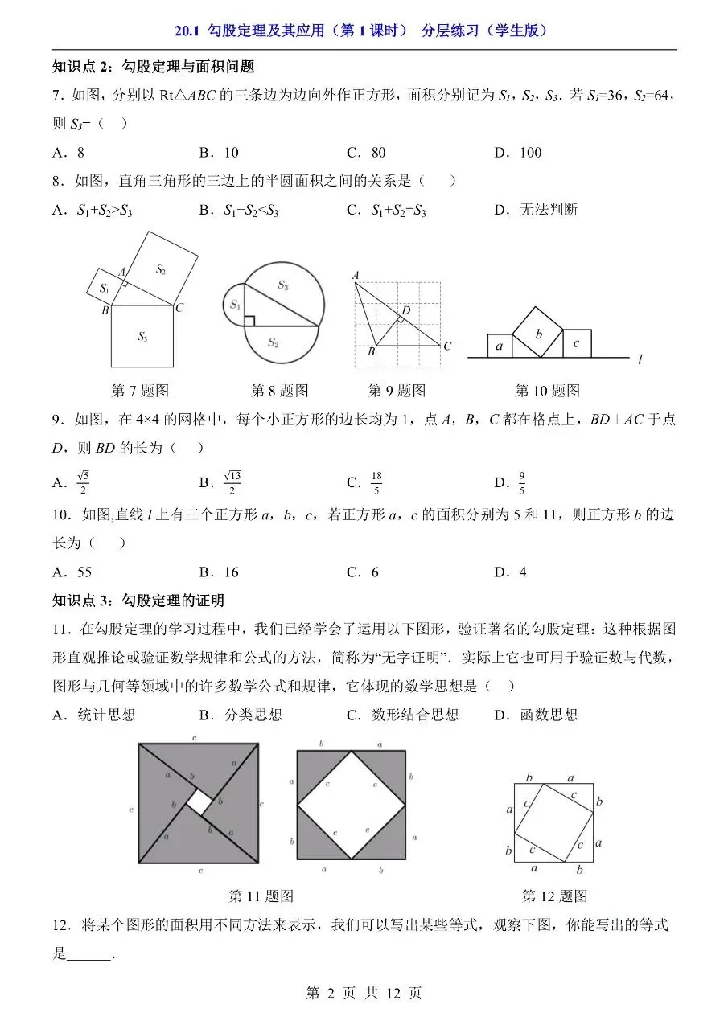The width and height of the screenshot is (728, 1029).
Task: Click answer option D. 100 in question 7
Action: click(518, 153)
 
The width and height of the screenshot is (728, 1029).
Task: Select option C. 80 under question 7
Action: click(366, 153)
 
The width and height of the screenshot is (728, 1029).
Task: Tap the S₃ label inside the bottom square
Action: click(142, 337)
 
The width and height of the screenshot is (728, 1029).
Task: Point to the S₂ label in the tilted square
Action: click(160, 269)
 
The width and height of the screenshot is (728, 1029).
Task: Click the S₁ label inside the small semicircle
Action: click(235, 304)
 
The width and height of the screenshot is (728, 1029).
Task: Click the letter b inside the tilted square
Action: click(539, 334)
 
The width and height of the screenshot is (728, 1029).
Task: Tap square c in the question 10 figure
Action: click(577, 343)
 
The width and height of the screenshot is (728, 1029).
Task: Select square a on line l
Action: click(500, 346)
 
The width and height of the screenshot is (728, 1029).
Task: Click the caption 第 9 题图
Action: click(397, 391)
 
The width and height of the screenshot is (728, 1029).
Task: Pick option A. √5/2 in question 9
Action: click(71, 482)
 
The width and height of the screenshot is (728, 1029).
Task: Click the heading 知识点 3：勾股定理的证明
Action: click(138, 601)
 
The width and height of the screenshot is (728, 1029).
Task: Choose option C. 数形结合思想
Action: click(402, 715)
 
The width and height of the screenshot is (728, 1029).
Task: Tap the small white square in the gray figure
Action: click(199, 802)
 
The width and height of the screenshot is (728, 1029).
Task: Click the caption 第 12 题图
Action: click(554, 896)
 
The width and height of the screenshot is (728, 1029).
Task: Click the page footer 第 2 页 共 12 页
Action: click(364, 994)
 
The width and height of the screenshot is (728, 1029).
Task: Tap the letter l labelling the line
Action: click(640, 359)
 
